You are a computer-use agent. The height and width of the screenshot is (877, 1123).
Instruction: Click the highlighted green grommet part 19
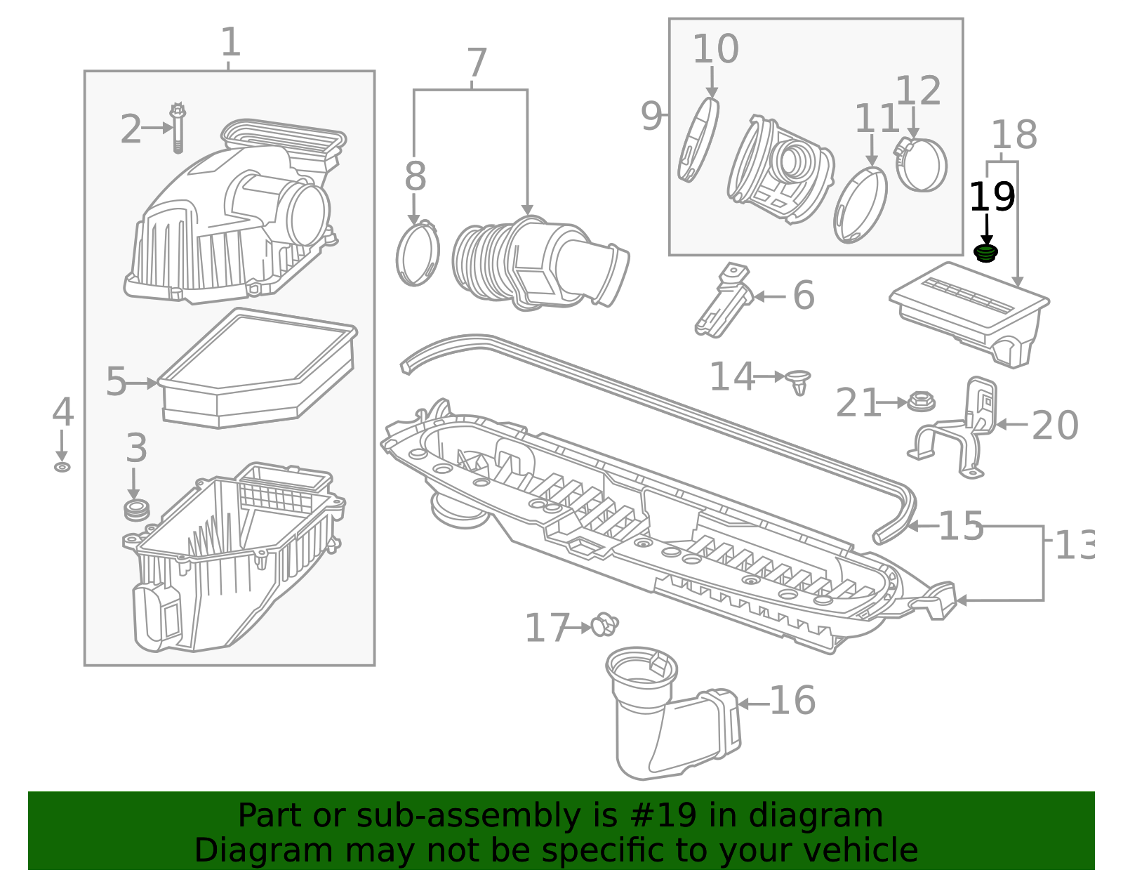(986, 253)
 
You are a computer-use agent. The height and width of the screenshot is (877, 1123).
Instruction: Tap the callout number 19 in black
(991, 197)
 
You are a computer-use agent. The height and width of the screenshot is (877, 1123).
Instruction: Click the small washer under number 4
(62, 467)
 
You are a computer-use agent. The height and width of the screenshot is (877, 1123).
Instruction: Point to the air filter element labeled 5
(256, 369)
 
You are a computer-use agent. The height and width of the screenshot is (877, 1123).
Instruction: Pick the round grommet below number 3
(136, 510)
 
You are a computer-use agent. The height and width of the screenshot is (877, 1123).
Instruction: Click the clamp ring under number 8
(418, 254)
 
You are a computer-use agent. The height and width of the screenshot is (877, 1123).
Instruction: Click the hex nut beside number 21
(920, 402)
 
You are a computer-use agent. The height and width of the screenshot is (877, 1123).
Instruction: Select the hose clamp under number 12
(921, 164)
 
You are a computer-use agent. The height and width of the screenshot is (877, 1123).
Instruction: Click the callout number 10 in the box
(715, 50)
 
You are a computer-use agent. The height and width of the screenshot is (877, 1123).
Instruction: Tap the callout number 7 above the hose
(477, 64)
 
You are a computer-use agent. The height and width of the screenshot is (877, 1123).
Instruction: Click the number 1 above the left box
(230, 43)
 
